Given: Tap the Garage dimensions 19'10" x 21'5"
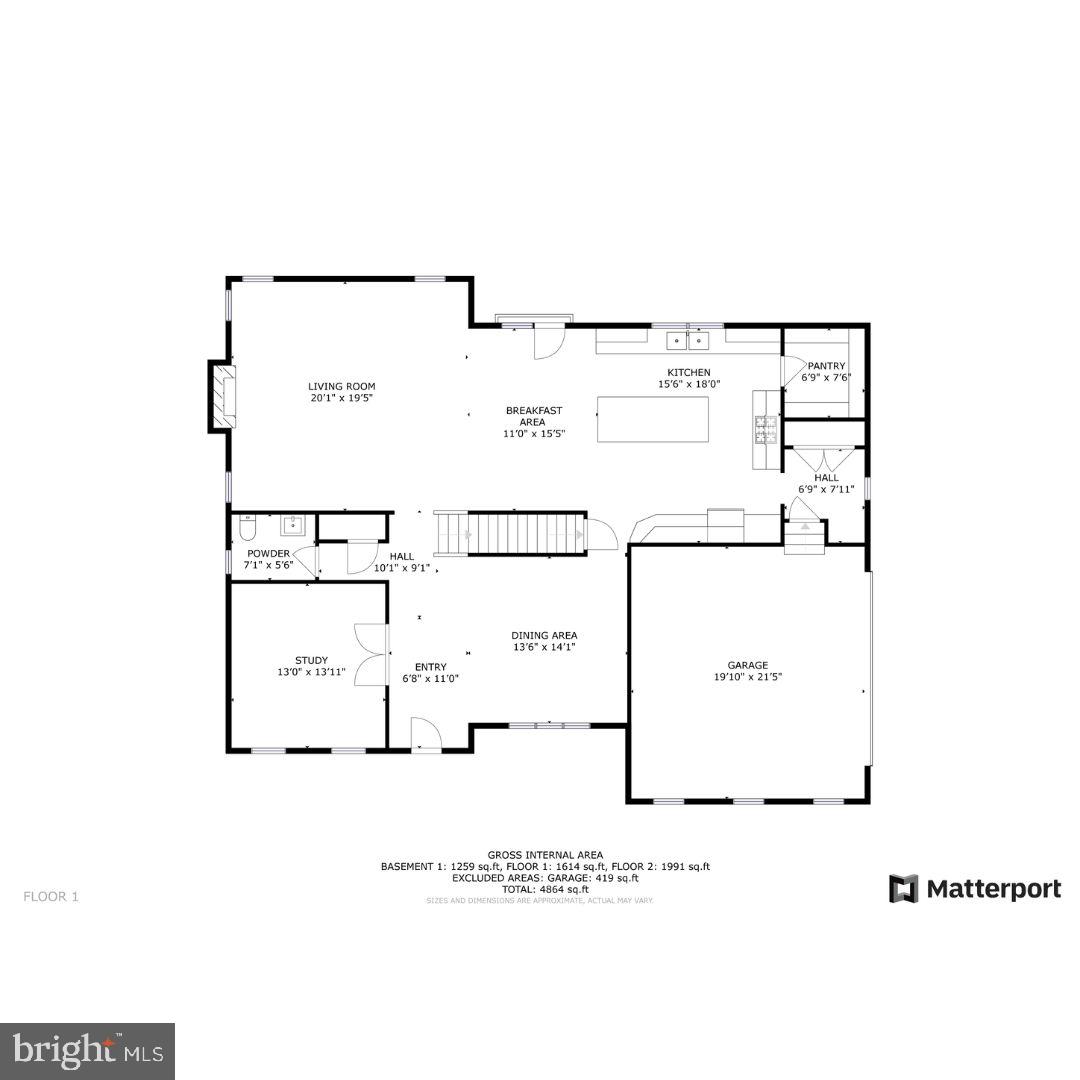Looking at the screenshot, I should coord(747,677).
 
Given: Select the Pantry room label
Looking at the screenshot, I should coord(826,366).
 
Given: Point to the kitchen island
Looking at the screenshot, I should coord(653,419).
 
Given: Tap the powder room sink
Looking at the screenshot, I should coord(292,525).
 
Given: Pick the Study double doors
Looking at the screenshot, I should coord(371,653).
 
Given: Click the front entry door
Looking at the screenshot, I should coord(427,735).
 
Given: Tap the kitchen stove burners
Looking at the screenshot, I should coord(766,431).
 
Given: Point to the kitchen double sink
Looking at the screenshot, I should coord(688,341).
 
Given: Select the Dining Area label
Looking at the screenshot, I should coord(544,635).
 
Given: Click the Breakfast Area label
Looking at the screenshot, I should coord(533,410).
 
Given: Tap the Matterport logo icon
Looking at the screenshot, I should coord(904,888).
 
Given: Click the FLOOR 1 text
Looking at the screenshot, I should coord(50,897).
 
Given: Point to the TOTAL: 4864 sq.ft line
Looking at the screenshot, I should coord(545,889).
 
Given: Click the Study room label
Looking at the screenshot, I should coord(311,660).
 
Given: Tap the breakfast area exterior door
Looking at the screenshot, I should coord(549,341).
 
